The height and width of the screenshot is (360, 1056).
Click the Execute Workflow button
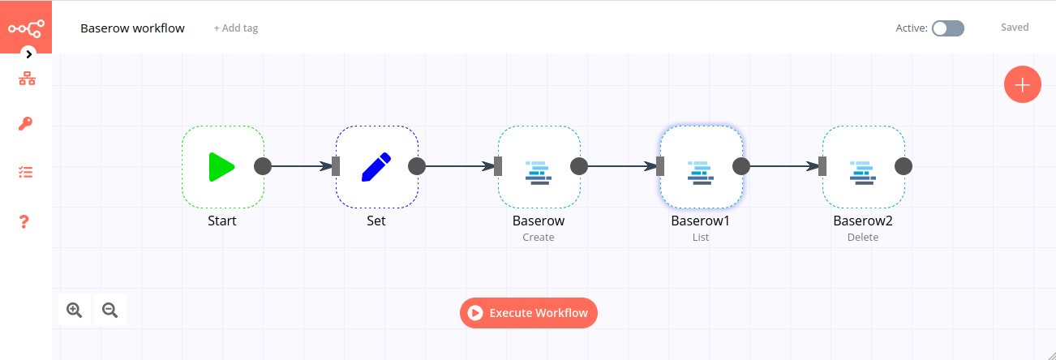click(529, 313)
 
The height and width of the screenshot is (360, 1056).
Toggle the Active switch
click(947, 28)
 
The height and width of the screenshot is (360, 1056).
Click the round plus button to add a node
click(1022, 84)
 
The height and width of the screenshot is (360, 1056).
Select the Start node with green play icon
click(222, 166)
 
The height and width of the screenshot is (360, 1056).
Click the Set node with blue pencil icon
click(376, 166)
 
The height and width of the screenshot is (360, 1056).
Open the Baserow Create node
click(539, 166)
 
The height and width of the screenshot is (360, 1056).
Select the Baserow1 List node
click(701, 166)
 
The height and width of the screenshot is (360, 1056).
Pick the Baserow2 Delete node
click(863, 166)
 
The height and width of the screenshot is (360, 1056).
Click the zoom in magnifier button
click(75, 310)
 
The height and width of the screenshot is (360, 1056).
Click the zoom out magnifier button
click(109, 310)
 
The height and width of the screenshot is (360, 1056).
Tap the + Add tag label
click(236, 28)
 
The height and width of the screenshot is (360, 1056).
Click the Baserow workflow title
click(132, 28)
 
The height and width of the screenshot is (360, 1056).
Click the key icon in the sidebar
click(26, 124)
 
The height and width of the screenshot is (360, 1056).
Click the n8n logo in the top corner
click(26, 27)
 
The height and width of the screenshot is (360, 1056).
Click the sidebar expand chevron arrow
click(29, 54)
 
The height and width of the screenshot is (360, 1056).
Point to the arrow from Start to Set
click(300, 166)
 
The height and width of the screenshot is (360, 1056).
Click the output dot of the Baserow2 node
click(904, 166)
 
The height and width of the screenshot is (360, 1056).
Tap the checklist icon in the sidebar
click(26, 173)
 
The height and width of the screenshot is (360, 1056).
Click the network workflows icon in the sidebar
click(27, 79)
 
